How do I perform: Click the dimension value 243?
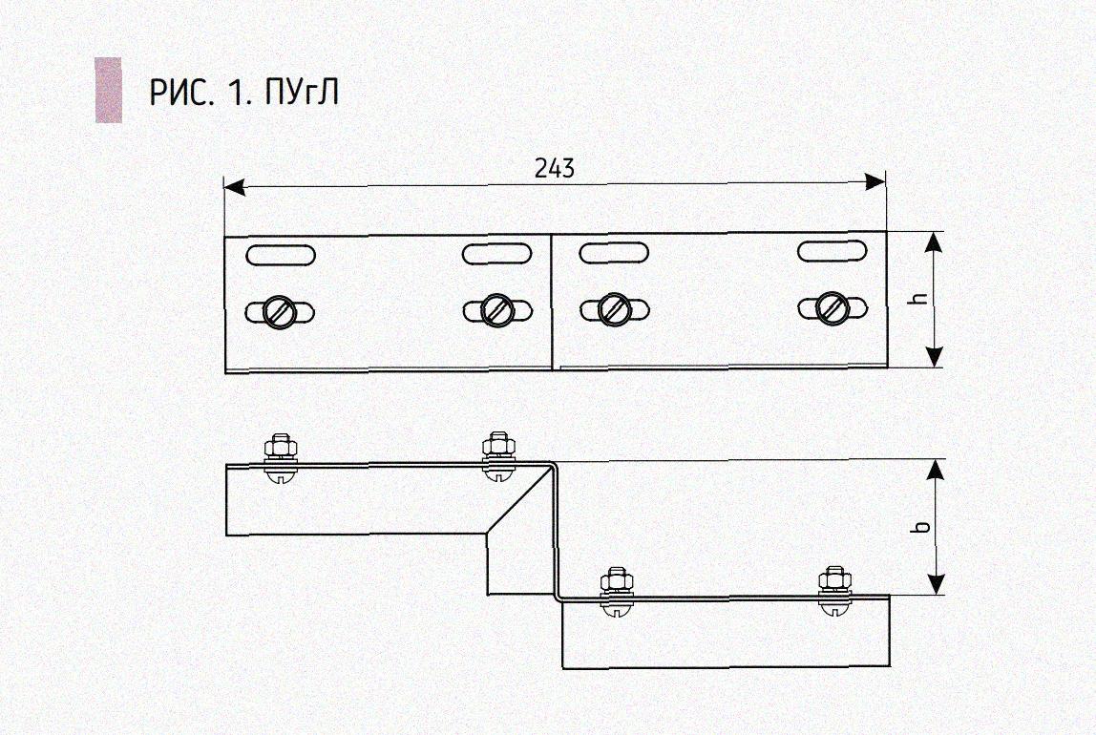point(555,169)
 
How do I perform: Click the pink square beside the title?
point(108,91)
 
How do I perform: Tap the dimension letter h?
point(920,299)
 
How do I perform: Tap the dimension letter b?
point(920,527)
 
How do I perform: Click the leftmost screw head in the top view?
point(281,311)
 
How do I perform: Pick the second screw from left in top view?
point(496,309)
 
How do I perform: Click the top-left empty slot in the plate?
point(275,255)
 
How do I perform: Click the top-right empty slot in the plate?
point(833,251)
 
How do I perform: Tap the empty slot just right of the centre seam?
point(614,253)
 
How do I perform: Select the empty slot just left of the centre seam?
point(496,254)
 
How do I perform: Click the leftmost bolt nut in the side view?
point(280,447)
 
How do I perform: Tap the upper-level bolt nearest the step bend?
point(497,446)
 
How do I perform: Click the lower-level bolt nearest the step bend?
point(616,580)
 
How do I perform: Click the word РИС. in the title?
point(182,94)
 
